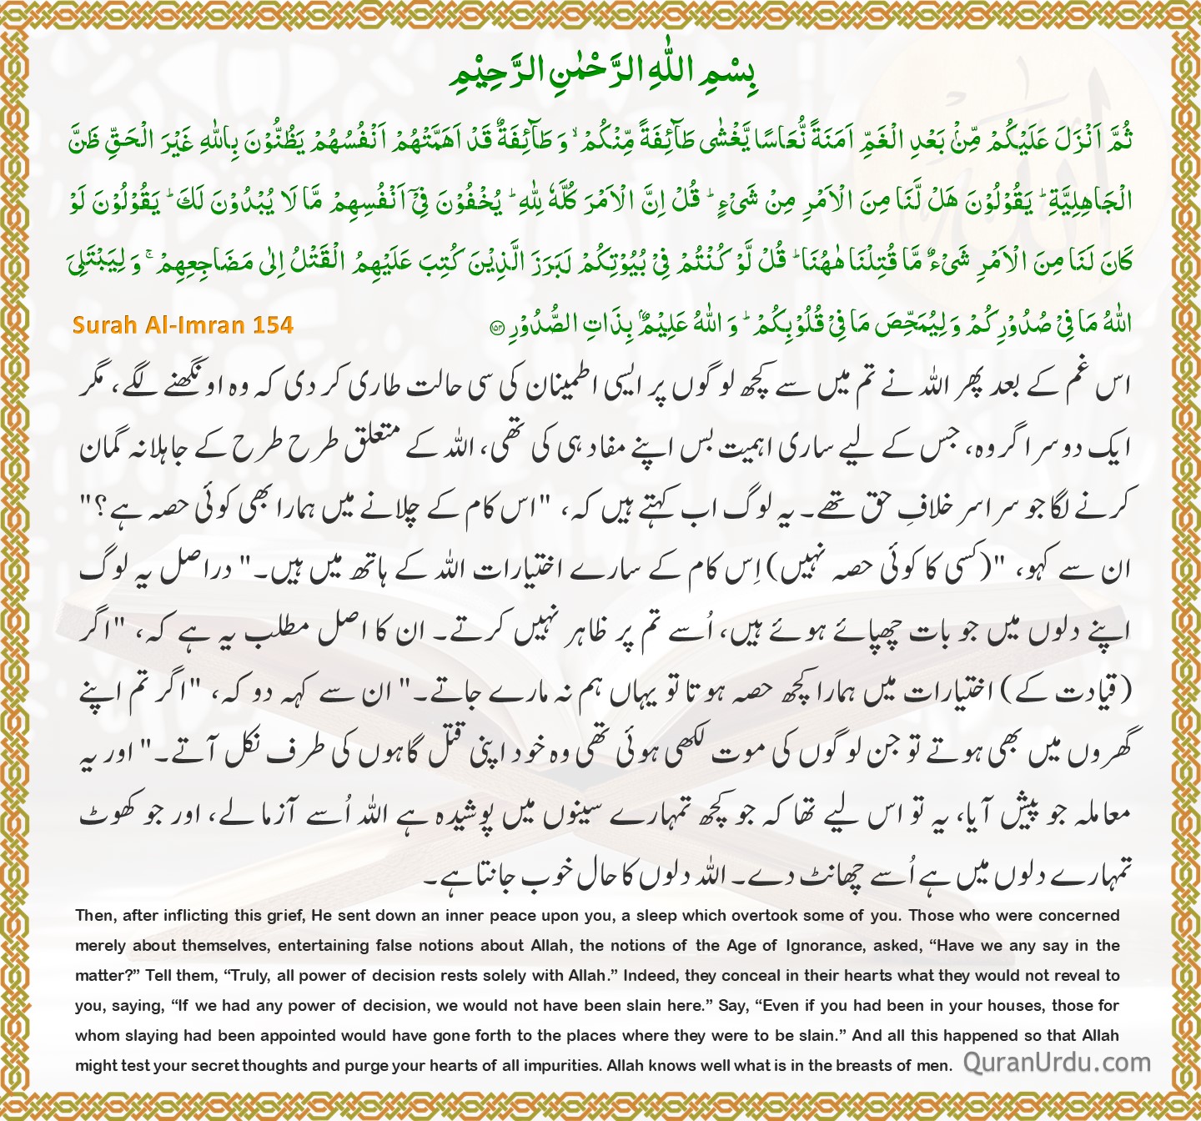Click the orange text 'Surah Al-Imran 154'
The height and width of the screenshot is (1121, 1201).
pyautogui.click(x=183, y=324)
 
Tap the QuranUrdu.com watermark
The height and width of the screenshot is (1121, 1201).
pyautogui.click(x=1057, y=1062)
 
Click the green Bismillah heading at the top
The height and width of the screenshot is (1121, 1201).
pyautogui.click(x=600, y=73)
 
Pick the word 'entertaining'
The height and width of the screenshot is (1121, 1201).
pyautogui.click(x=324, y=946)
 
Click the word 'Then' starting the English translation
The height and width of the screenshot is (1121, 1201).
pyautogui.click(x=94, y=916)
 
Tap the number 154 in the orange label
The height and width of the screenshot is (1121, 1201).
pyautogui.click(x=273, y=324)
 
